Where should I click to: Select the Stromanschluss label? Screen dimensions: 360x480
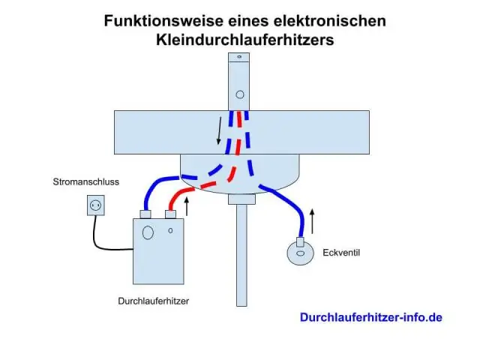(85, 182)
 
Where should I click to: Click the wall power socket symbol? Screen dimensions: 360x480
(96, 205)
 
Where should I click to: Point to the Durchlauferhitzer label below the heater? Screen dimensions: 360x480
(153, 301)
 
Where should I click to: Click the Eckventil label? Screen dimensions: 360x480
(341, 253)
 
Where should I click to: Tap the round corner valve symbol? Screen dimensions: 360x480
(300, 254)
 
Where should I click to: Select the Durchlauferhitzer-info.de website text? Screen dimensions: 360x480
(371, 317)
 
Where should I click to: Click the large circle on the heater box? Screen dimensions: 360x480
(148, 232)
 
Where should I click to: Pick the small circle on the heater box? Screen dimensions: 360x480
(170, 229)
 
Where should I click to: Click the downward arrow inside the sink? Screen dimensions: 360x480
(220, 130)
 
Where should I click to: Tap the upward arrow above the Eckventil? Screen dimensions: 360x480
(313, 222)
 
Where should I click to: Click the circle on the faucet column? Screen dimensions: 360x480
(240, 94)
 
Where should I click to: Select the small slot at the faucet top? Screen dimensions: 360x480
(240, 56)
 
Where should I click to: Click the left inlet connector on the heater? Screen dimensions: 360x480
(146, 214)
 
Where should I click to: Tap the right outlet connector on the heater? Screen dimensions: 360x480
(171, 214)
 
